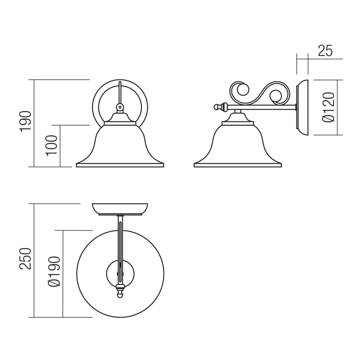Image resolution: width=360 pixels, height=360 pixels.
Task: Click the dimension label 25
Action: (x=325, y=51)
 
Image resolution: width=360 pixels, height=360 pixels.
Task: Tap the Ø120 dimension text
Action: (x=328, y=107)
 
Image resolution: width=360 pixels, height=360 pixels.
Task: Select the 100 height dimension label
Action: (x=51, y=146)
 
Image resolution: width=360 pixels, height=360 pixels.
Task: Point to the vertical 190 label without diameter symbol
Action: (x=25, y=121)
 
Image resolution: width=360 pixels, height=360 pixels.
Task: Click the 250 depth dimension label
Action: (x=25, y=259)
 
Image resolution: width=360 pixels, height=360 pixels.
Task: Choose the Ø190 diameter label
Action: (x=54, y=272)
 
